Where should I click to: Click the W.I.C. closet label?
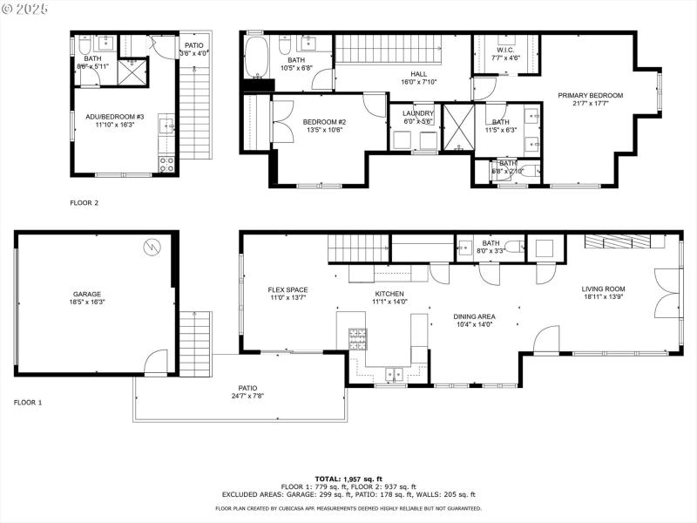505,50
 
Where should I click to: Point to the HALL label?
419,74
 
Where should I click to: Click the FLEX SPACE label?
288,289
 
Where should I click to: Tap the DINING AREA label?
474,316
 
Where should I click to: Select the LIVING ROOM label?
604,289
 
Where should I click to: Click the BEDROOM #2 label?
324,121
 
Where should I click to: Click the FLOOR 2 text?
85,202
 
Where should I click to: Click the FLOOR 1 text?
28,403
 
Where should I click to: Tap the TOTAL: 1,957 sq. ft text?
348,479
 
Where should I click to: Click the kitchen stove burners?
357,335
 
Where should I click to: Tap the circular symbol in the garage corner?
153,247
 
